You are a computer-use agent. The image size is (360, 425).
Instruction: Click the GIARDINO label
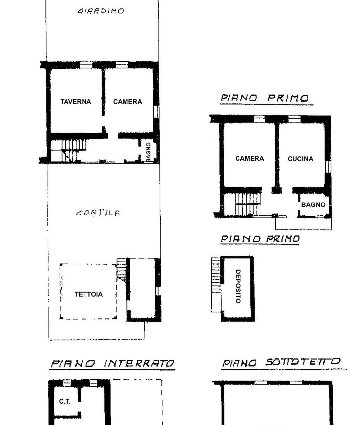(101, 11)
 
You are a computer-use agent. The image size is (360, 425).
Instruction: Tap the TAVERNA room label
(76, 102)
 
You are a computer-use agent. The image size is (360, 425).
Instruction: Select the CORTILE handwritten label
(98, 213)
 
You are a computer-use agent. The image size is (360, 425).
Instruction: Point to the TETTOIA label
(88, 294)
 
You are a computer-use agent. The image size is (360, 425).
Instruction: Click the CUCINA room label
(301, 159)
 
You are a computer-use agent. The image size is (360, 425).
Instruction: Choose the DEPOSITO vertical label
(238, 287)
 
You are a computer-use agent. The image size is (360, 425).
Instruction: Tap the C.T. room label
(64, 401)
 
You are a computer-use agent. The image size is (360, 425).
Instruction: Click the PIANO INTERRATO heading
(113, 363)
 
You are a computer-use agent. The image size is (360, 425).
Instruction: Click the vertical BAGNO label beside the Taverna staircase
(148, 152)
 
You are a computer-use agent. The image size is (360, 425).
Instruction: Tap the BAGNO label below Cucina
(313, 205)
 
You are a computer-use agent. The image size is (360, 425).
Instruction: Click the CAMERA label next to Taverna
(127, 102)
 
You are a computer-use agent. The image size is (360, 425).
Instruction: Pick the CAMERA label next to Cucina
(250, 158)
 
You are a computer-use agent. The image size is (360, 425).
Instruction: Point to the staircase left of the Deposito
(216, 285)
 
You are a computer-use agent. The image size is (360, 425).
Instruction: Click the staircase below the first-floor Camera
(248, 204)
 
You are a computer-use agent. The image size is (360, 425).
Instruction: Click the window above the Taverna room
(86, 65)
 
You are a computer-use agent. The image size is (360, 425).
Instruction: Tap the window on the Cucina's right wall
(328, 166)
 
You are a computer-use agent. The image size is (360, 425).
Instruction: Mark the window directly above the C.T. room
(67, 383)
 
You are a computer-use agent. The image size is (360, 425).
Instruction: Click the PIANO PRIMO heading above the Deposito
(260, 239)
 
